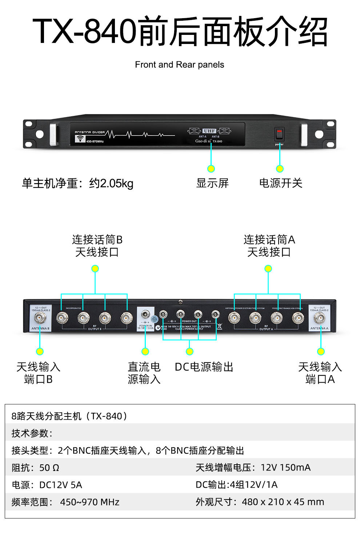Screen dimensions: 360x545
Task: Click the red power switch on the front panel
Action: [279, 134]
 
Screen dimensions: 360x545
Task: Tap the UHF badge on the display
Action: [209, 131]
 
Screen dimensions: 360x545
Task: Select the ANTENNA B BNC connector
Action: [40, 318]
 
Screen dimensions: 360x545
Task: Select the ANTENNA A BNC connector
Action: [320, 318]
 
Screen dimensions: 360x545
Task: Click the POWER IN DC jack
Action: [145, 314]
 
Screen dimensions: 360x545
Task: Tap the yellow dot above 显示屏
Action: [211, 169]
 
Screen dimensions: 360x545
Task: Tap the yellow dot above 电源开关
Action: [280, 169]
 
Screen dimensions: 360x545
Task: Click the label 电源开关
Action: [281, 183]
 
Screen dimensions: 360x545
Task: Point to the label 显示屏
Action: [212, 183]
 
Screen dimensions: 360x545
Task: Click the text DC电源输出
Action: [204, 367]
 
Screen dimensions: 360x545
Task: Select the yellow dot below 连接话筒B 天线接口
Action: [95, 269]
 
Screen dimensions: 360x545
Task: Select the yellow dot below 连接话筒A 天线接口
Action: [268, 269]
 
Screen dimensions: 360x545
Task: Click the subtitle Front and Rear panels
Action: [179, 65]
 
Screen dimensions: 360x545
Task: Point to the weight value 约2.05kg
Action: [111, 183]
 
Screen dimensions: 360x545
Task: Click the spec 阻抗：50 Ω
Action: [35, 468]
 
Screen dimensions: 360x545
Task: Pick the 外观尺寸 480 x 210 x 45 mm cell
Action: [260, 502]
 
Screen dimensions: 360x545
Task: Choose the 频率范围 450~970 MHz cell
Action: [65, 502]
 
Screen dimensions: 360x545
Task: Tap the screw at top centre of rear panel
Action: [180, 302]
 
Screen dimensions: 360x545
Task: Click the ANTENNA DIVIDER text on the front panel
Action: [90, 132]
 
